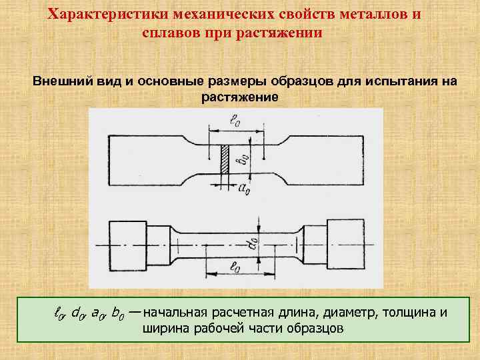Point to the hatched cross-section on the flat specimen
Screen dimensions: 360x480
225,160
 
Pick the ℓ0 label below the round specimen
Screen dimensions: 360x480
235,268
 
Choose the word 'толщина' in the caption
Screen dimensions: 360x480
407,313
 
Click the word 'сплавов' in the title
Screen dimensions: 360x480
170,32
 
